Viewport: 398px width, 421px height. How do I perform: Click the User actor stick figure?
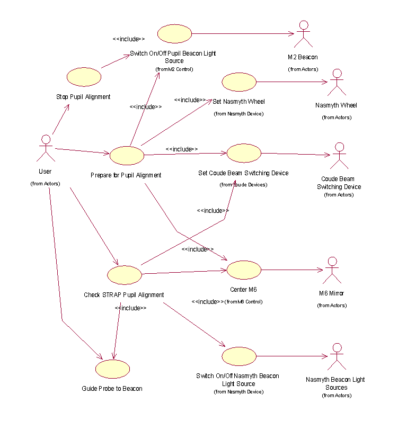tap(46, 148)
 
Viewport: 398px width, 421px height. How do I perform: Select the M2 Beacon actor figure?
tap(304, 34)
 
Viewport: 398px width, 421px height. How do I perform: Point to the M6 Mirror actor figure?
tap(332, 270)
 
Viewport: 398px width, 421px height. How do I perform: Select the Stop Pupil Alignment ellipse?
tap(83, 77)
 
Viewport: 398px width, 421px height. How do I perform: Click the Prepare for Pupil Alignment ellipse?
tap(127, 155)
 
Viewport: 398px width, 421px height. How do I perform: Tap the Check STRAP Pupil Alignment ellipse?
tap(125, 275)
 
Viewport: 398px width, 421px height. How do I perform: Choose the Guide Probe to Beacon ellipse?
tap(112, 369)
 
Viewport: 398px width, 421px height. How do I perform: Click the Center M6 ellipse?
tap(244, 270)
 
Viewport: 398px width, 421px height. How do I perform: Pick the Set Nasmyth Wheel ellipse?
tap(239, 82)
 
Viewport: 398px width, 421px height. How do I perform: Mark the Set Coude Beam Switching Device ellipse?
tap(244, 154)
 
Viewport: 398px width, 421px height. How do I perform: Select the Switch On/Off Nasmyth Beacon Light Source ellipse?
tap(239, 356)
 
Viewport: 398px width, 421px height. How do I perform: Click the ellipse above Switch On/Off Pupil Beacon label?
tap(174, 33)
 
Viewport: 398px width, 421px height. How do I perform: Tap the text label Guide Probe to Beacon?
tap(112, 388)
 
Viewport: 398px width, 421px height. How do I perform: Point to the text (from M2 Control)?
tap(174, 69)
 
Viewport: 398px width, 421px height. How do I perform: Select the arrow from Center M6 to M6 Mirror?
tap(292, 270)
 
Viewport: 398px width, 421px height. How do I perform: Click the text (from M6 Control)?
tap(244, 301)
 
